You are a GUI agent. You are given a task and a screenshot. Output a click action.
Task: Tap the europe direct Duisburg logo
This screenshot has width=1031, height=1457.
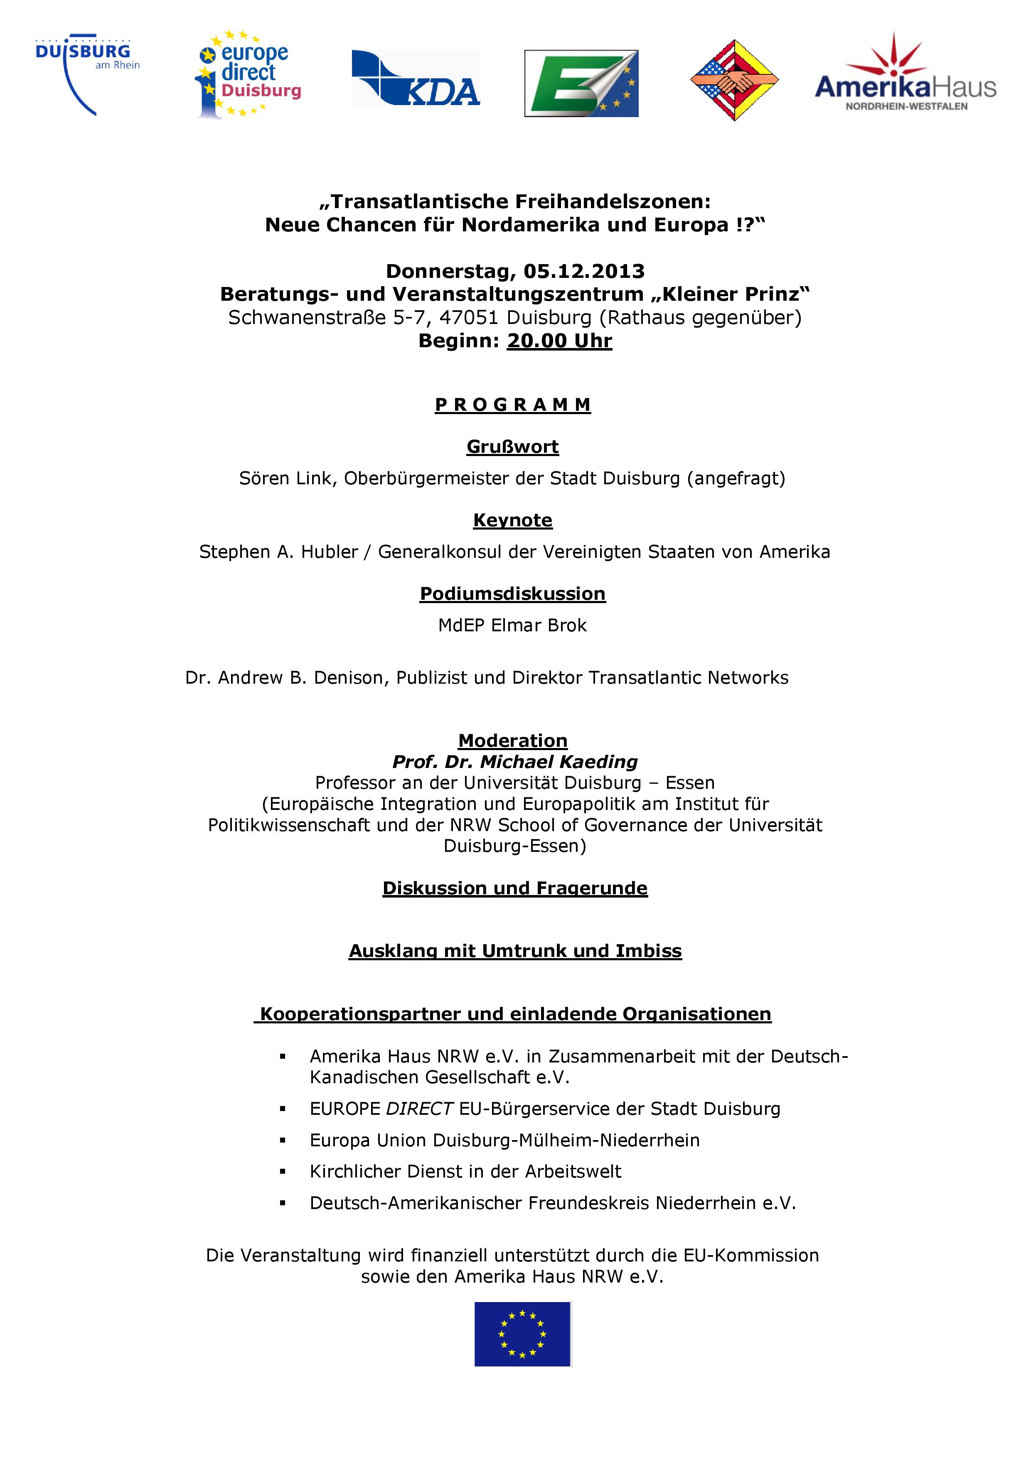tap(248, 75)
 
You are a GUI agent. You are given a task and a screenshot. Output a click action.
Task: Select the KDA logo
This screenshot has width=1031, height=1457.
tap(416, 77)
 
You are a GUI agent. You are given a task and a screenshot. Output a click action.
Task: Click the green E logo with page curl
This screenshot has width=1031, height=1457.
tap(581, 83)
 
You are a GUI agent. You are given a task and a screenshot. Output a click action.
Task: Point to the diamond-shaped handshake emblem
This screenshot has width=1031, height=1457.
tap(734, 80)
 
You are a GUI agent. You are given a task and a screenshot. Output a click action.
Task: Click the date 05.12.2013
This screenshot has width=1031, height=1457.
tap(584, 271)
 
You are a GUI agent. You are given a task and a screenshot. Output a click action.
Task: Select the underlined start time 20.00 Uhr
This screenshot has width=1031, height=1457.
tap(559, 341)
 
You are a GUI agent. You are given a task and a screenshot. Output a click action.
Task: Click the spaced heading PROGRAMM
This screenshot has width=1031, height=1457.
tap(512, 405)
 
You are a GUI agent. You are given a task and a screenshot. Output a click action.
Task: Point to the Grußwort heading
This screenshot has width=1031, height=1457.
tap(512, 447)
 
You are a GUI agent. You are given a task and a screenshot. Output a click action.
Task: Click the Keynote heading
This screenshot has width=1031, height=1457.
tap(512, 520)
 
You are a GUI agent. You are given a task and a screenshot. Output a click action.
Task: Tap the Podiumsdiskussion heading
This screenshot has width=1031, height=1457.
tap(512, 594)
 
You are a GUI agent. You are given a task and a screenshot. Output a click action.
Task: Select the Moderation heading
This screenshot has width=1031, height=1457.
tap(512, 741)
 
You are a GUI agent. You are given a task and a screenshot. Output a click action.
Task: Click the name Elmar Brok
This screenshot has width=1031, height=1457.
tap(539, 625)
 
